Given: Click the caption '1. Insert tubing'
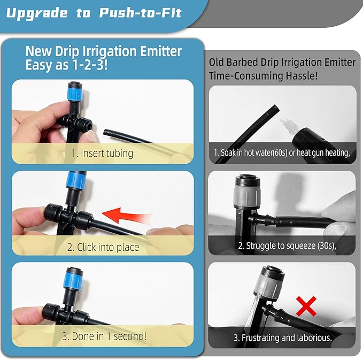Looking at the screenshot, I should (x=103, y=154).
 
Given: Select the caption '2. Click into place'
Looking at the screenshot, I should (x=103, y=247).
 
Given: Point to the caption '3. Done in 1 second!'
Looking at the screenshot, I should (x=103, y=336).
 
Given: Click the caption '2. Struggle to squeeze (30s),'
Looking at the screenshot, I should (x=282, y=247).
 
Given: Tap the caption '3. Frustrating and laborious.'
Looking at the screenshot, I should (x=282, y=338).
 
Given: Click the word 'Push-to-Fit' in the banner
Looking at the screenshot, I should (x=141, y=13).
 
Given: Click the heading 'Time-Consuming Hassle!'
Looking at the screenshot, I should (x=263, y=76).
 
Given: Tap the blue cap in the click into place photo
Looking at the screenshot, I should (x=75, y=180).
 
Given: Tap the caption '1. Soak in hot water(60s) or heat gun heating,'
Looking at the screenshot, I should (x=282, y=153).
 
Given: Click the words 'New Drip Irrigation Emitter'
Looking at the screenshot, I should (x=104, y=51).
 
